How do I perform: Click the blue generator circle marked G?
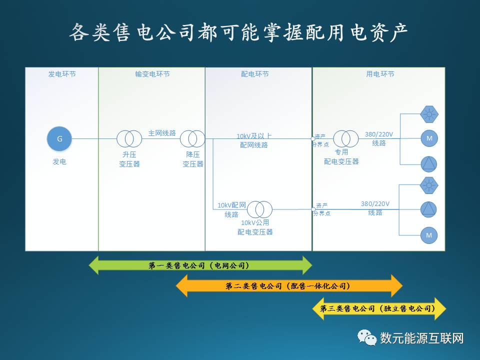coord(59,138)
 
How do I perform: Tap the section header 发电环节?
coord(62,74)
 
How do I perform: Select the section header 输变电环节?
coord(152,74)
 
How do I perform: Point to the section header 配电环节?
coord(255,74)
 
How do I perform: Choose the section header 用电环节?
coord(380,74)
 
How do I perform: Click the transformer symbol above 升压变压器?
coord(129,138)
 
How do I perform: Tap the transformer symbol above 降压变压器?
coord(192,138)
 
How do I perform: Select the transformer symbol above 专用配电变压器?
coord(346,138)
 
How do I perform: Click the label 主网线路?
coord(162,133)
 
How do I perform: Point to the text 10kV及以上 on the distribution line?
coord(254,135)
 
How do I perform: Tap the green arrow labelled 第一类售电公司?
coord(200,265)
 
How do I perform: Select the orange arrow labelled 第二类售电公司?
coord(289,286)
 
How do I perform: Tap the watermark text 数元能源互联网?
coord(422,338)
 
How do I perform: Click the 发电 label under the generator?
coord(59,162)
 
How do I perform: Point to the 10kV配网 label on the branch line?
coord(231,205)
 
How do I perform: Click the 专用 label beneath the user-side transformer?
coord(341,152)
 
